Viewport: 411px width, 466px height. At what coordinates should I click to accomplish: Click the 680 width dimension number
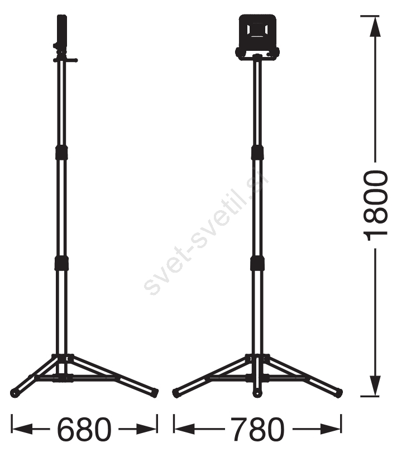(x=84, y=429)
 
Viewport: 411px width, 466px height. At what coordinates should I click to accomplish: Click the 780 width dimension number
(x=257, y=429)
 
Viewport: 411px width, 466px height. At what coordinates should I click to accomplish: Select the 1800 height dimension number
(x=375, y=205)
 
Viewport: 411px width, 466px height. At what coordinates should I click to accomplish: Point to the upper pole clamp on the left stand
(x=61, y=153)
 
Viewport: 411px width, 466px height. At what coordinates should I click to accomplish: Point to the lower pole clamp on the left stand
(x=61, y=263)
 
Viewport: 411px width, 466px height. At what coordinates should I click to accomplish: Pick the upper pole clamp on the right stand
(x=257, y=153)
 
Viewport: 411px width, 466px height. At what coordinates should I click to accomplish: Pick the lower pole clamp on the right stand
(x=257, y=263)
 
